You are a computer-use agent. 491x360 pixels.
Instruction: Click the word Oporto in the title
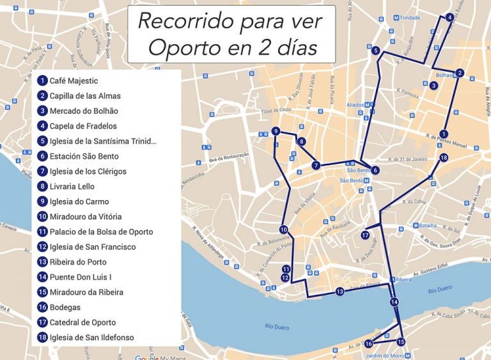click(186, 47)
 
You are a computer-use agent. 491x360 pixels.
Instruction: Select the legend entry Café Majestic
click(74, 81)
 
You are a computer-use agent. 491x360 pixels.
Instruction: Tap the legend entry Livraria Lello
click(72, 187)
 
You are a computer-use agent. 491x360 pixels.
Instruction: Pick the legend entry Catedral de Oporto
click(82, 323)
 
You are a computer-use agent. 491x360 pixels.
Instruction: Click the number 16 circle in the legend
click(42, 308)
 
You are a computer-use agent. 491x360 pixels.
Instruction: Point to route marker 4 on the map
click(450, 17)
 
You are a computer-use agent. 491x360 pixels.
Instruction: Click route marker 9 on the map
click(276, 131)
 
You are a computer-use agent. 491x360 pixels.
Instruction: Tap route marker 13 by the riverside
click(339, 292)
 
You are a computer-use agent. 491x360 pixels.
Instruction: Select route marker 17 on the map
click(364, 235)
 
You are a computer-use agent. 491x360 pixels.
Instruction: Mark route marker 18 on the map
click(444, 158)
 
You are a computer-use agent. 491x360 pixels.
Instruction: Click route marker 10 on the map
click(283, 230)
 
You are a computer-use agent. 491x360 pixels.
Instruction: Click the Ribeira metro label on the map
click(402, 280)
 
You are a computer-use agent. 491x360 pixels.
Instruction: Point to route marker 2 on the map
click(460, 73)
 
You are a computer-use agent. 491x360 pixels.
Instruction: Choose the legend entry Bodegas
click(65, 308)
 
